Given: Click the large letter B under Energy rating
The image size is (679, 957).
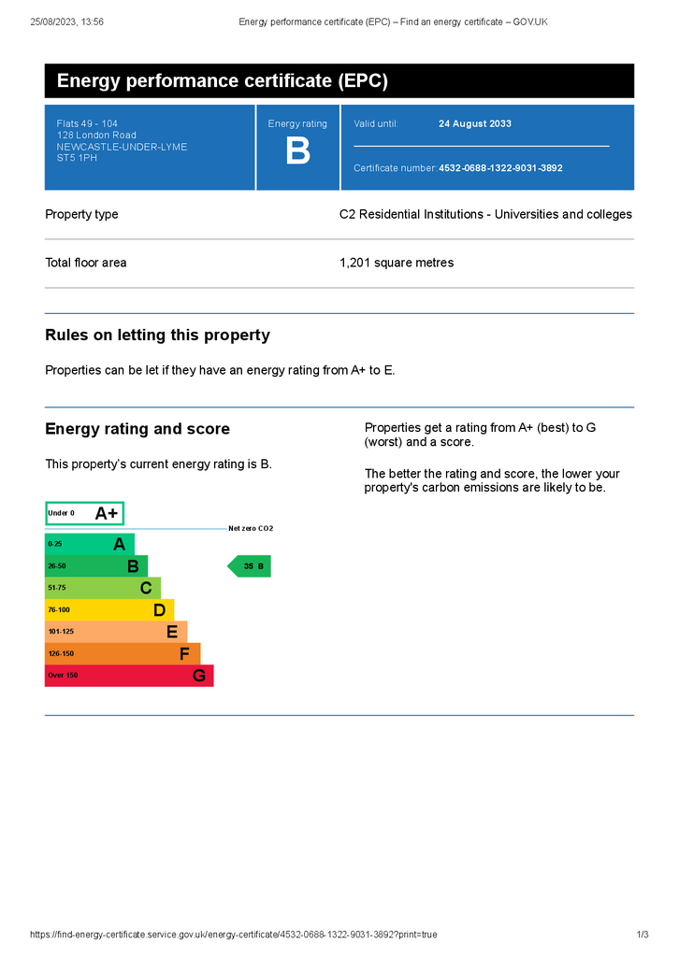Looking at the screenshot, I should point(297,152).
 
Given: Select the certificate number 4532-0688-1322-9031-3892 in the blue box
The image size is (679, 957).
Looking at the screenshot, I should point(500,168).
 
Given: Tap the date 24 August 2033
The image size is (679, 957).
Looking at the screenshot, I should point(475,123).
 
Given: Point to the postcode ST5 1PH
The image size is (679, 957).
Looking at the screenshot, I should point(77,158).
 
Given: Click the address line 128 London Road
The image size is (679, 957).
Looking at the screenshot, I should point(96,136).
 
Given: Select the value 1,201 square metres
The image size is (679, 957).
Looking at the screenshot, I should point(397,263).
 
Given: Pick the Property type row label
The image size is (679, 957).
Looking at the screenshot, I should point(81,214).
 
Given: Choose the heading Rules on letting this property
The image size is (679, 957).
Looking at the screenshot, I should point(157,336).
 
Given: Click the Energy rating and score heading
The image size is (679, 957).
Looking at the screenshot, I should point(137,429).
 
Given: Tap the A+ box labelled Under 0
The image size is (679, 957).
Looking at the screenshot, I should point(84,513).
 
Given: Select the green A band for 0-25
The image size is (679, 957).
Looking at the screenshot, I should point(90,544).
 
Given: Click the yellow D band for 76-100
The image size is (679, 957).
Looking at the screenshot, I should point(108,609).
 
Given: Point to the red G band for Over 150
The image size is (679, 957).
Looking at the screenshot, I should point(129,676).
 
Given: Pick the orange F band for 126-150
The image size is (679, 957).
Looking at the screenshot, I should point(122,653).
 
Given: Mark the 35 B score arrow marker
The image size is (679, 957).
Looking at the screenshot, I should point(251,566).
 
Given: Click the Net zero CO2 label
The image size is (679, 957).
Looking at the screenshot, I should point(251,529).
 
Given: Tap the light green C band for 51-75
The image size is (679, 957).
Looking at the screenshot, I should point(103,588).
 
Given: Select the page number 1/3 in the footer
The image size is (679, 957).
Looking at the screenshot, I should point(643,935).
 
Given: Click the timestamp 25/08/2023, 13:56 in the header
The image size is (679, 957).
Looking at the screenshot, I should point(66,21).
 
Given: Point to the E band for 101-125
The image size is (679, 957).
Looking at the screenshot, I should point(116,632).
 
